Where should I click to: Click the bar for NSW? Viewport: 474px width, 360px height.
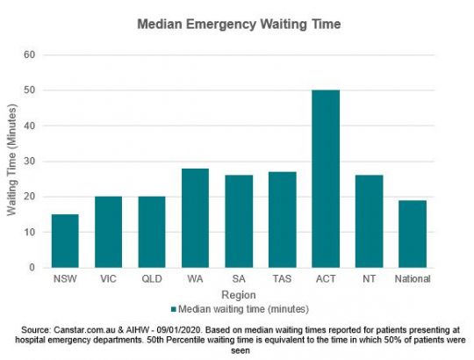coord(65,241)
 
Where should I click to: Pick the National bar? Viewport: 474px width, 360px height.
coord(413,234)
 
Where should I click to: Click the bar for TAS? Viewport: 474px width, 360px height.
coord(282,220)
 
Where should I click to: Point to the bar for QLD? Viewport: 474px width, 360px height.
coord(152,232)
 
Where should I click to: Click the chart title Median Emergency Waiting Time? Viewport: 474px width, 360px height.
coord(238,25)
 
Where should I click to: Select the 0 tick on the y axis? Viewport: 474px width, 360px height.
coord(32,268)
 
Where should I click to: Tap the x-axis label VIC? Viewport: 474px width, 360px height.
coord(108,279)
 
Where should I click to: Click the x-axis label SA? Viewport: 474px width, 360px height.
coord(239,279)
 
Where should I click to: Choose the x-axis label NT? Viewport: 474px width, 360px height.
coord(369,279)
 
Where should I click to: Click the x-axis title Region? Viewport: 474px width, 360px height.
coord(238,295)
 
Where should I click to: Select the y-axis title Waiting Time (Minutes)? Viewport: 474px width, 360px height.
coord(11,162)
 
